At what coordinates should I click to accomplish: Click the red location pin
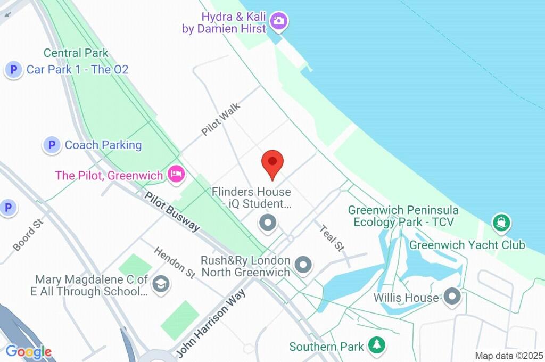point(273,162)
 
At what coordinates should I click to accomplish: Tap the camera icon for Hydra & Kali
point(277,21)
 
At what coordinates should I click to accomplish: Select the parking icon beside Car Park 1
point(13,70)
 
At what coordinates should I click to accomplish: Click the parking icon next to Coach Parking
point(52,145)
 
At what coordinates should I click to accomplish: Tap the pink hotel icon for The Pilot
point(176,174)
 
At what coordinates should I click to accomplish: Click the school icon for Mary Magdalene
point(160,285)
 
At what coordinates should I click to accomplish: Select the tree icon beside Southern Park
point(377,344)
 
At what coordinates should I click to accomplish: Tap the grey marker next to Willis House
point(452,296)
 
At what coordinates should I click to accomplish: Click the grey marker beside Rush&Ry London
point(303,265)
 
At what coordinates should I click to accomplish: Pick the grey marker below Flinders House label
point(267,223)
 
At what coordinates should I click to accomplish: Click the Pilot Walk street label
point(221,119)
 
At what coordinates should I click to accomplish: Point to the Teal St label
point(332,237)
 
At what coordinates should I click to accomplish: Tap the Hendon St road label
point(175,262)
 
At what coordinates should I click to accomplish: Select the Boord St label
point(27,237)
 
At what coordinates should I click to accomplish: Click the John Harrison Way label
point(211,322)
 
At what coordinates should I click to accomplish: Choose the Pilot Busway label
point(172,211)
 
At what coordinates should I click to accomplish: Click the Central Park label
point(76,53)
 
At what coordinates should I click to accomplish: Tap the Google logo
point(29,351)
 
